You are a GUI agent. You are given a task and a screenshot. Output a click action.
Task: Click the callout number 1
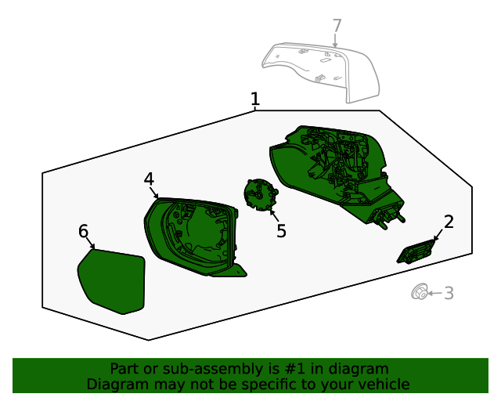[x=255, y=99]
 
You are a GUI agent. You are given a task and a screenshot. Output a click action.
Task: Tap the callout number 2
[x=449, y=222]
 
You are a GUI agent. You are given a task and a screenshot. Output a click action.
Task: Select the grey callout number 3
[x=449, y=293]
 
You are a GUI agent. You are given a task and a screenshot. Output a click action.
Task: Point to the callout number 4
[x=149, y=179]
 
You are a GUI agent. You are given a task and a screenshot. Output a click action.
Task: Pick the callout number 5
[x=281, y=231]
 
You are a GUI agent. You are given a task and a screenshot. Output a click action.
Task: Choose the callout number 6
[x=84, y=231]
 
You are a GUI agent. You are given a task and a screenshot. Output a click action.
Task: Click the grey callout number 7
[x=337, y=26]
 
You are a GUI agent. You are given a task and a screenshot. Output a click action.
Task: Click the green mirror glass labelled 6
[x=113, y=280]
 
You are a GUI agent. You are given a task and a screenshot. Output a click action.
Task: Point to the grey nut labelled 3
[x=420, y=291]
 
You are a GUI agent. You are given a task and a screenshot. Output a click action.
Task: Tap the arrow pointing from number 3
[x=435, y=293]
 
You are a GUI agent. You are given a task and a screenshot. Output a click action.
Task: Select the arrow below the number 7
[x=335, y=41]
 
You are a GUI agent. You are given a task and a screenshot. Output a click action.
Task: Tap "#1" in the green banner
[x=294, y=369]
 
